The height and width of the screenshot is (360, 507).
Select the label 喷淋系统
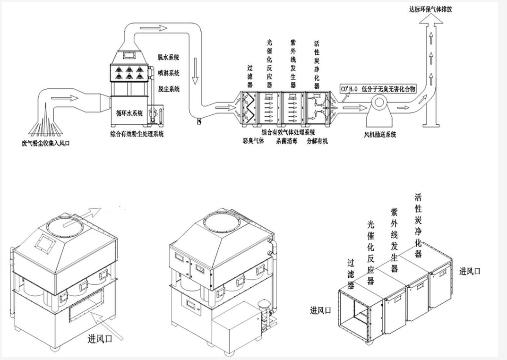(x=169, y=73)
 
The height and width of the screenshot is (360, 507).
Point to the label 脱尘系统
(x=169, y=88)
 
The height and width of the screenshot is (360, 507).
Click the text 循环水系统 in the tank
(x=129, y=113)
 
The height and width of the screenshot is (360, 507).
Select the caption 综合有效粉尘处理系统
(x=137, y=134)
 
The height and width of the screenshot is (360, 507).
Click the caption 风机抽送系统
(x=380, y=135)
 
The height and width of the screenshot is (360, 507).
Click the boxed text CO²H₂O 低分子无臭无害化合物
(x=381, y=88)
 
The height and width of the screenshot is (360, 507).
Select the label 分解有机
(x=317, y=141)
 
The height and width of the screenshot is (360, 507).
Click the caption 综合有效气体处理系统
(x=288, y=132)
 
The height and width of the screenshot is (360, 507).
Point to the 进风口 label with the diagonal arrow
(x=102, y=338)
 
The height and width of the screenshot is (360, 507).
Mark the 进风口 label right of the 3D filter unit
(x=470, y=271)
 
